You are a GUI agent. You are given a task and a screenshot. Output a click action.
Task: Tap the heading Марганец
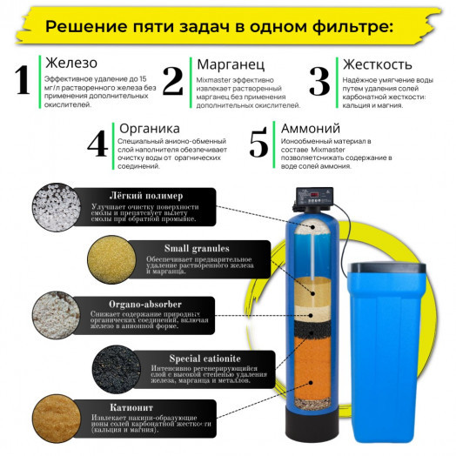coord(225,64)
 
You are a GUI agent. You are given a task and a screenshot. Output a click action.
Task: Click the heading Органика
coord(145,127)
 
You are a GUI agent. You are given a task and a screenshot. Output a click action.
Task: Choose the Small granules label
coord(173,245)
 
